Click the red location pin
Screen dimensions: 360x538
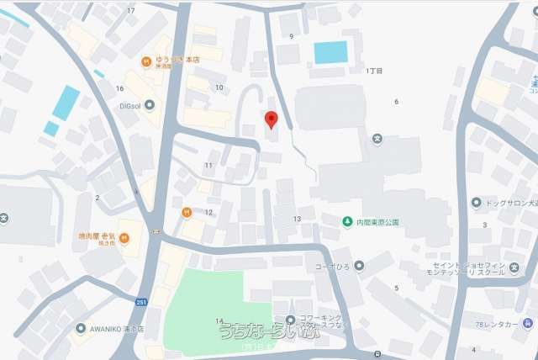[x=271, y=119]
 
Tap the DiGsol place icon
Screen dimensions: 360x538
[x=150, y=105]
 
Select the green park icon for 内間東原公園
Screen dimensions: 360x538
[x=346, y=222]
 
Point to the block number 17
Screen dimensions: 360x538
[x=130, y=10]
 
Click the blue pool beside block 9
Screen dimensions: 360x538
[x=330, y=52]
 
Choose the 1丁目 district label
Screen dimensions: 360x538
[x=374, y=71]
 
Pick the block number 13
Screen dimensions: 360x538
[x=297, y=219]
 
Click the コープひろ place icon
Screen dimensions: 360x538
[x=359, y=266]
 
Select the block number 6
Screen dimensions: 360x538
[x=396, y=102]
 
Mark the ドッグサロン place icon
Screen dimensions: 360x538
[x=477, y=203]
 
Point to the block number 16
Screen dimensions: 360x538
[x=120, y=88]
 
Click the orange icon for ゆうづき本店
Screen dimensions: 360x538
[x=146, y=61]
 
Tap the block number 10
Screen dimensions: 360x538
[x=219, y=87]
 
